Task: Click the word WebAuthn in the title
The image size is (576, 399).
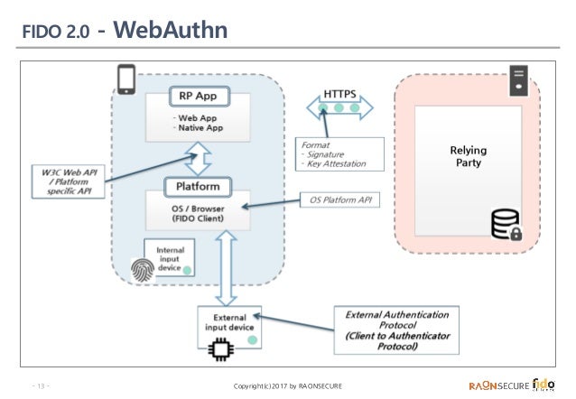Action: pyautogui.click(x=171, y=32)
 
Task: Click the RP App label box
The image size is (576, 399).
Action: pyautogui.click(x=199, y=96)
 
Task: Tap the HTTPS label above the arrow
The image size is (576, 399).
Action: pyautogui.click(x=340, y=93)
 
